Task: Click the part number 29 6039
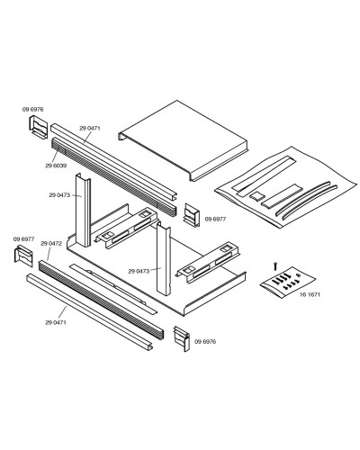[56, 166]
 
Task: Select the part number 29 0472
[50, 244]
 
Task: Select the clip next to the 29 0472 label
[22, 256]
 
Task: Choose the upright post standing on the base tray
[165, 261]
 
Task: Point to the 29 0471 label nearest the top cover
[88, 129]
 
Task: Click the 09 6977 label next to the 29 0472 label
[23, 238]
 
